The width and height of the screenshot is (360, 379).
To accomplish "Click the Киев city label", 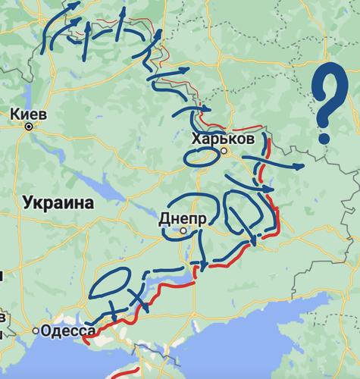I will tap(30, 114).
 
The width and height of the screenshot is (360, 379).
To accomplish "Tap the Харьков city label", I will tap(223, 139).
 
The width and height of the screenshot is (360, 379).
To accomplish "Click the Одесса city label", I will tap(70, 330).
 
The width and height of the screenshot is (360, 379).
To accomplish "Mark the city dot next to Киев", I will tap(29, 127).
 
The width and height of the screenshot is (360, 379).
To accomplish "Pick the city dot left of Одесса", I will tap(36, 331).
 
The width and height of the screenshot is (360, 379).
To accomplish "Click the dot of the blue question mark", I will tap(324, 138).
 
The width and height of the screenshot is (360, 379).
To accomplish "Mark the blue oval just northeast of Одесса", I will tap(110, 285).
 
